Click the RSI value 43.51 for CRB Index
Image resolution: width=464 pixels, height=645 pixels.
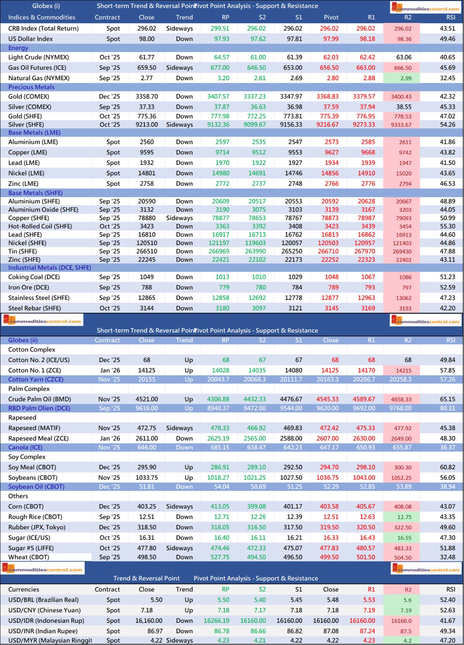(447, 29)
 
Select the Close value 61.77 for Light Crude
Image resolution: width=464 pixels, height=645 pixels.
(147, 57)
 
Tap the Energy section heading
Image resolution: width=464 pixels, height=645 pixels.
(18, 48)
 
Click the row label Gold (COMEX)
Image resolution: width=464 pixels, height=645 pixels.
(29, 96)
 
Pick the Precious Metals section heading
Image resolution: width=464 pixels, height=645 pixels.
(31, 87)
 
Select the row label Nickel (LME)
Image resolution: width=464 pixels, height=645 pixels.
(26, 173)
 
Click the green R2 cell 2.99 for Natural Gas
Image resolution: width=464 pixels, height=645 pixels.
(406, 78)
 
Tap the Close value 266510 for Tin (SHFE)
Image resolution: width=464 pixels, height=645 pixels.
(147, 251)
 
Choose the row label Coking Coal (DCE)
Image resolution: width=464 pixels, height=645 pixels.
(34, 277)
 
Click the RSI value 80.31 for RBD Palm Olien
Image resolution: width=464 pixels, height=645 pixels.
(447, 408)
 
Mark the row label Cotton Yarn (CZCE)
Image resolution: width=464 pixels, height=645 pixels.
(36, 379)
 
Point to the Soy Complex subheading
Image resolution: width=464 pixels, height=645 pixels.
(27, 457)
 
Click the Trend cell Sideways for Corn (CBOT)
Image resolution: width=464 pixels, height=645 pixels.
(179, 506)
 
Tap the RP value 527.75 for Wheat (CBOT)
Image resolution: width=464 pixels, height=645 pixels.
(220, 557)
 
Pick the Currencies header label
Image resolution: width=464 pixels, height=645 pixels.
(24, 589)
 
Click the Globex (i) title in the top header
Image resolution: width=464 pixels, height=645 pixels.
(46, 6)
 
